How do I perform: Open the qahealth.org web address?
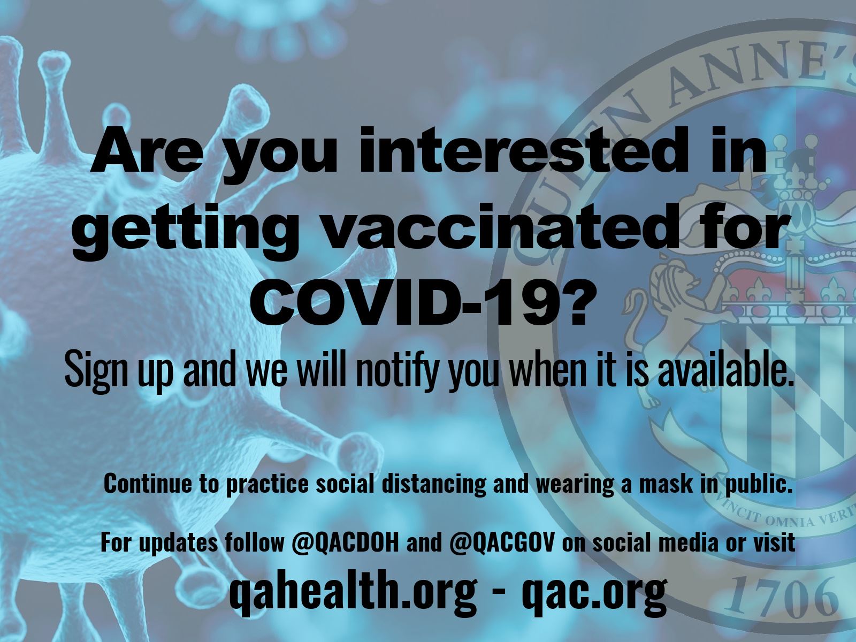(x=352, y=590)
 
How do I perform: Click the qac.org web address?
(x=593, y=590)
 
